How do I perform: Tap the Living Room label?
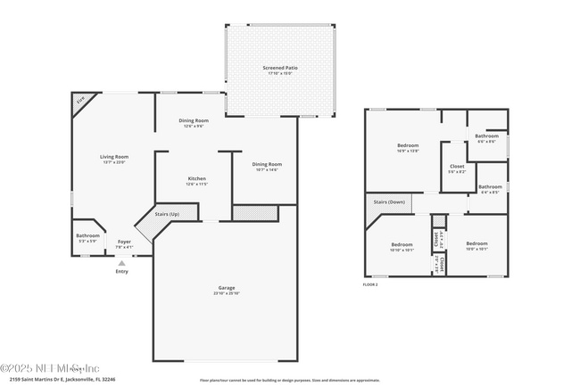[x=113, y=157]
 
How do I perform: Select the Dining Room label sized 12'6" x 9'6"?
[x=195, y=120]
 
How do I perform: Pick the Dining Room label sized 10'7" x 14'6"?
[x=266, y=164]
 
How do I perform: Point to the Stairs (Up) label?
[x=167, y=214]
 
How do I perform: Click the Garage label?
[x=227, y=288]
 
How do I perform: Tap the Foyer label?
[x=124, y=242]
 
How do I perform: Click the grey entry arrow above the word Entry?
[x=122, y=263]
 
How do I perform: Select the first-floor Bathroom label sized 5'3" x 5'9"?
[x=87, y=236]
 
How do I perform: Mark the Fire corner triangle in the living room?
[x=79, y=103]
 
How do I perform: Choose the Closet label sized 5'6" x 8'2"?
[x=456, y=166]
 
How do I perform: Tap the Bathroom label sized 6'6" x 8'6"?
[x=486, y=136]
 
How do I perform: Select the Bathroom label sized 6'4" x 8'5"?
[x=490, y=187]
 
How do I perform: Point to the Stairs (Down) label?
[x=390, y=202]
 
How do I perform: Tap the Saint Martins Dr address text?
[x=62, y=380]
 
